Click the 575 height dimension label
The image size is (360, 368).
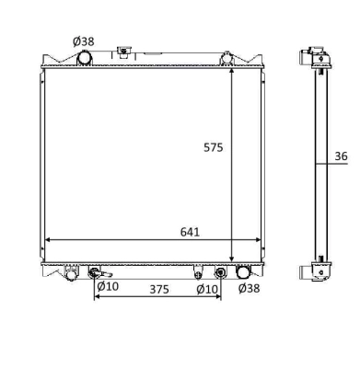214,146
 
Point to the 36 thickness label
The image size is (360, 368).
341,155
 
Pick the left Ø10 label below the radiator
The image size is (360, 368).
108,289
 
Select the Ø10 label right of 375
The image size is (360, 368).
206,289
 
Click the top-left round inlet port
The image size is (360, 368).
85,58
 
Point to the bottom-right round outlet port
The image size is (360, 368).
243,271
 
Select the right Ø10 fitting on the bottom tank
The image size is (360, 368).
219,272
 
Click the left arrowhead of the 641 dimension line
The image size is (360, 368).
48,240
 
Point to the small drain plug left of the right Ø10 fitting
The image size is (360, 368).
198,271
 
